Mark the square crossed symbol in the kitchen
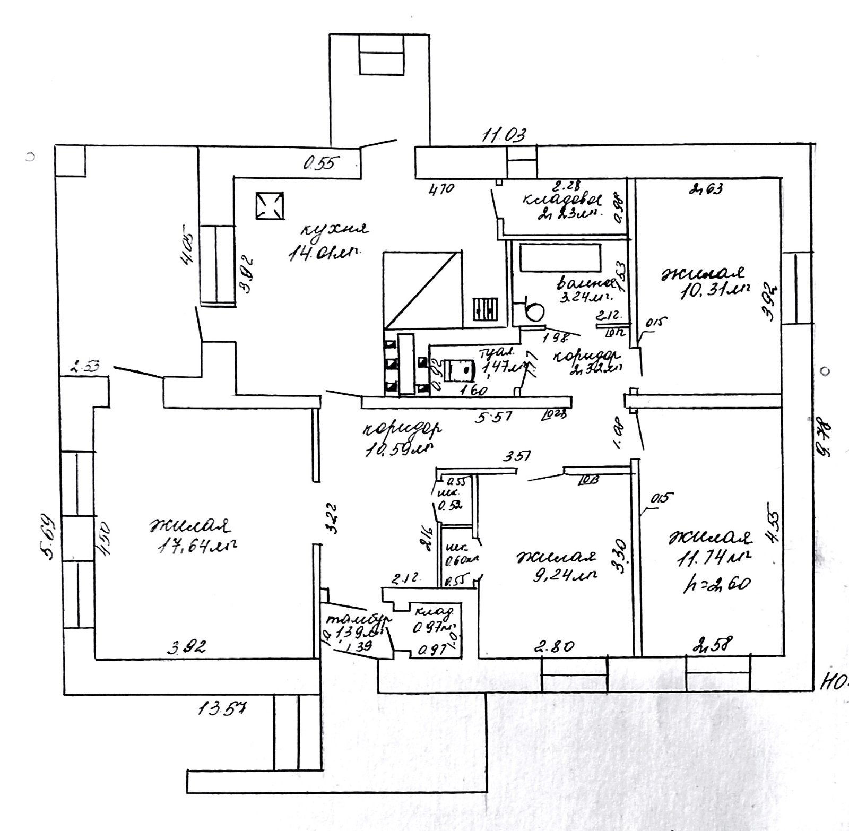pos(270,205)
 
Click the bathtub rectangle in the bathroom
pos(560,258)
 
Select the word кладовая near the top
pos(562,200)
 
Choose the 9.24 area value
pos(565,575)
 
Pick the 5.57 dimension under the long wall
pos(493,417)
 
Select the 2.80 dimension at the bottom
pos(555,647)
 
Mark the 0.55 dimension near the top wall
pos(319,164)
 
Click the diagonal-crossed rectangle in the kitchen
pos(422,289)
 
